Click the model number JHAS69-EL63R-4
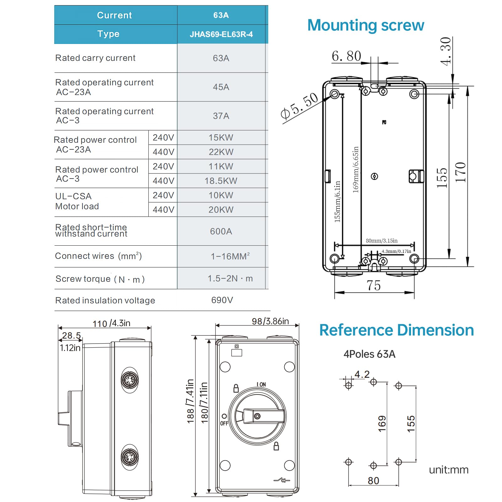point(221,34)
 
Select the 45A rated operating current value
point(221,87)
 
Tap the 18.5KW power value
point(221,181)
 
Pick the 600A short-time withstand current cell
point(221,231)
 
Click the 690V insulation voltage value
point(222,300)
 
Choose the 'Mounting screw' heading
point(366,25)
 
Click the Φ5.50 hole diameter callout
point(299,106)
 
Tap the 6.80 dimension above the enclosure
point(346,56)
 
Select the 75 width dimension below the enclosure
point(373,285)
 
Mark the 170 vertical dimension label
point(461,172)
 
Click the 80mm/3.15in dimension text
point(382,241)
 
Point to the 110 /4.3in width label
point(111,323)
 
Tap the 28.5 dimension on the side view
point(71,335)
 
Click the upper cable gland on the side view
point(130,380)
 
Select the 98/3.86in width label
point(270,321)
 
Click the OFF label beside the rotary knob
point(224,423)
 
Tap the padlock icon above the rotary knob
point(236,388)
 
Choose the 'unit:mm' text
point(448,470)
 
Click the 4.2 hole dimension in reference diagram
point(362,374)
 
